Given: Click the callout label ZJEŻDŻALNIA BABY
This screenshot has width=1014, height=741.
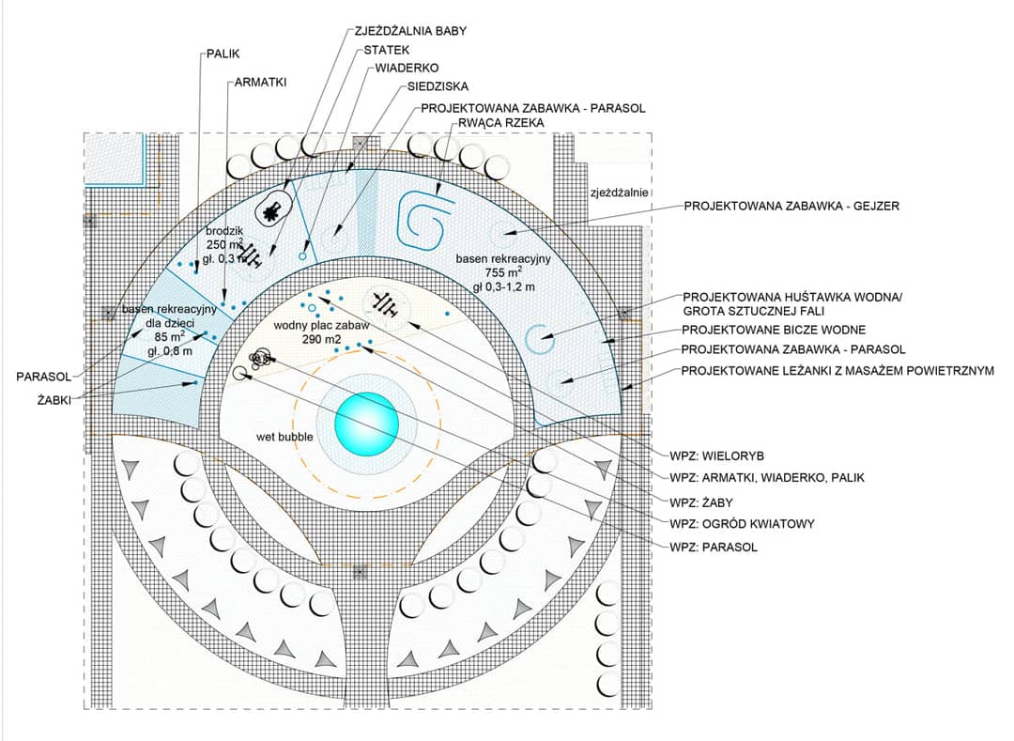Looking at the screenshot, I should pyautogui.click(x=410, y=31).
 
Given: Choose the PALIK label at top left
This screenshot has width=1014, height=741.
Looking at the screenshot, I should pyautogui.click(x=223, y=54).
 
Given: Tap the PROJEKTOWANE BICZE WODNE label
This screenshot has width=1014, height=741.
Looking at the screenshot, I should pyautogui.click(x=774, y=331).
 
